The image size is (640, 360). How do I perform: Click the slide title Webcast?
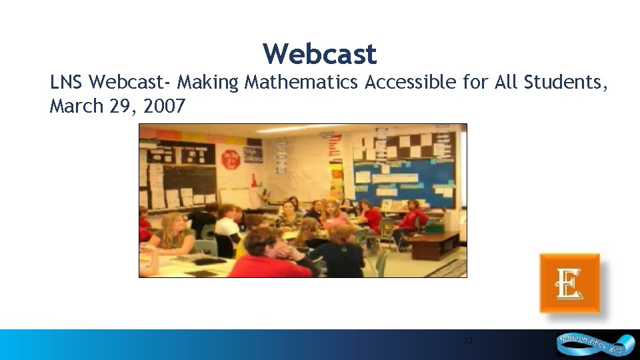[x=319, y=53]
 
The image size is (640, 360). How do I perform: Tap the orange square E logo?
[x=569, y=283]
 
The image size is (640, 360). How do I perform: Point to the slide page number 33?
[x=468, y=341]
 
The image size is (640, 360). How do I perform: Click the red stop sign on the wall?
[x=231, y=159]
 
